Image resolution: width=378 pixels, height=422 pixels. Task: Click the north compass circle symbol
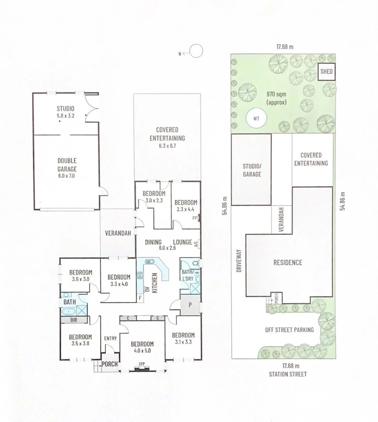pyautogui.click(x=196, y=51)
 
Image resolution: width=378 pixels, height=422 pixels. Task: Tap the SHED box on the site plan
pyautogui.click(x=326, y=72)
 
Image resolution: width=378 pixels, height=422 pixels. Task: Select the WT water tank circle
pyautogui.click(x=255, y=118)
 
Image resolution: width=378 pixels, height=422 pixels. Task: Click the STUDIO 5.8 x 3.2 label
pyautogui.click(x=65, y=111)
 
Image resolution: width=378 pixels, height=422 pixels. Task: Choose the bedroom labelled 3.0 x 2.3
pyautogui.click(x=154, y=197)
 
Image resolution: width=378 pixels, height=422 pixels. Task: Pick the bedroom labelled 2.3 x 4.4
pyautogui.click(x=185, y=206)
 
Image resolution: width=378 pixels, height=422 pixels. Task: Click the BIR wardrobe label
pyautogui.click(x=74, y=319)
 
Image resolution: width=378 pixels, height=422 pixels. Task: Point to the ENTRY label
pyautogui.click(x=111, y=338)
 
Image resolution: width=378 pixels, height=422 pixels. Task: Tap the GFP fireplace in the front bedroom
pyautogui.click(x=142, y=364)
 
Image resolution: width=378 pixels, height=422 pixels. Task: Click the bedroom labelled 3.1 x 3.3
pyautogui.click(x=183, y=338)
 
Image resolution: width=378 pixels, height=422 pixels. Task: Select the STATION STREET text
pyautogui.click(x=288, y=374)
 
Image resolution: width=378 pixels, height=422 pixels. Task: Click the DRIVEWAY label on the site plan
pyautogui.click(x=239, y=261)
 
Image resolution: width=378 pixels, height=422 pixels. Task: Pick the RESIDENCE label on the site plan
pyautogui.click(x=287, y=262)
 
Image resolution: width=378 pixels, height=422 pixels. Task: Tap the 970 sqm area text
pyautogui.click(x=276, y=98)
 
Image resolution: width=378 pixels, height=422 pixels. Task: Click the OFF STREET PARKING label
pyautogui.click(x=289, y=330)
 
